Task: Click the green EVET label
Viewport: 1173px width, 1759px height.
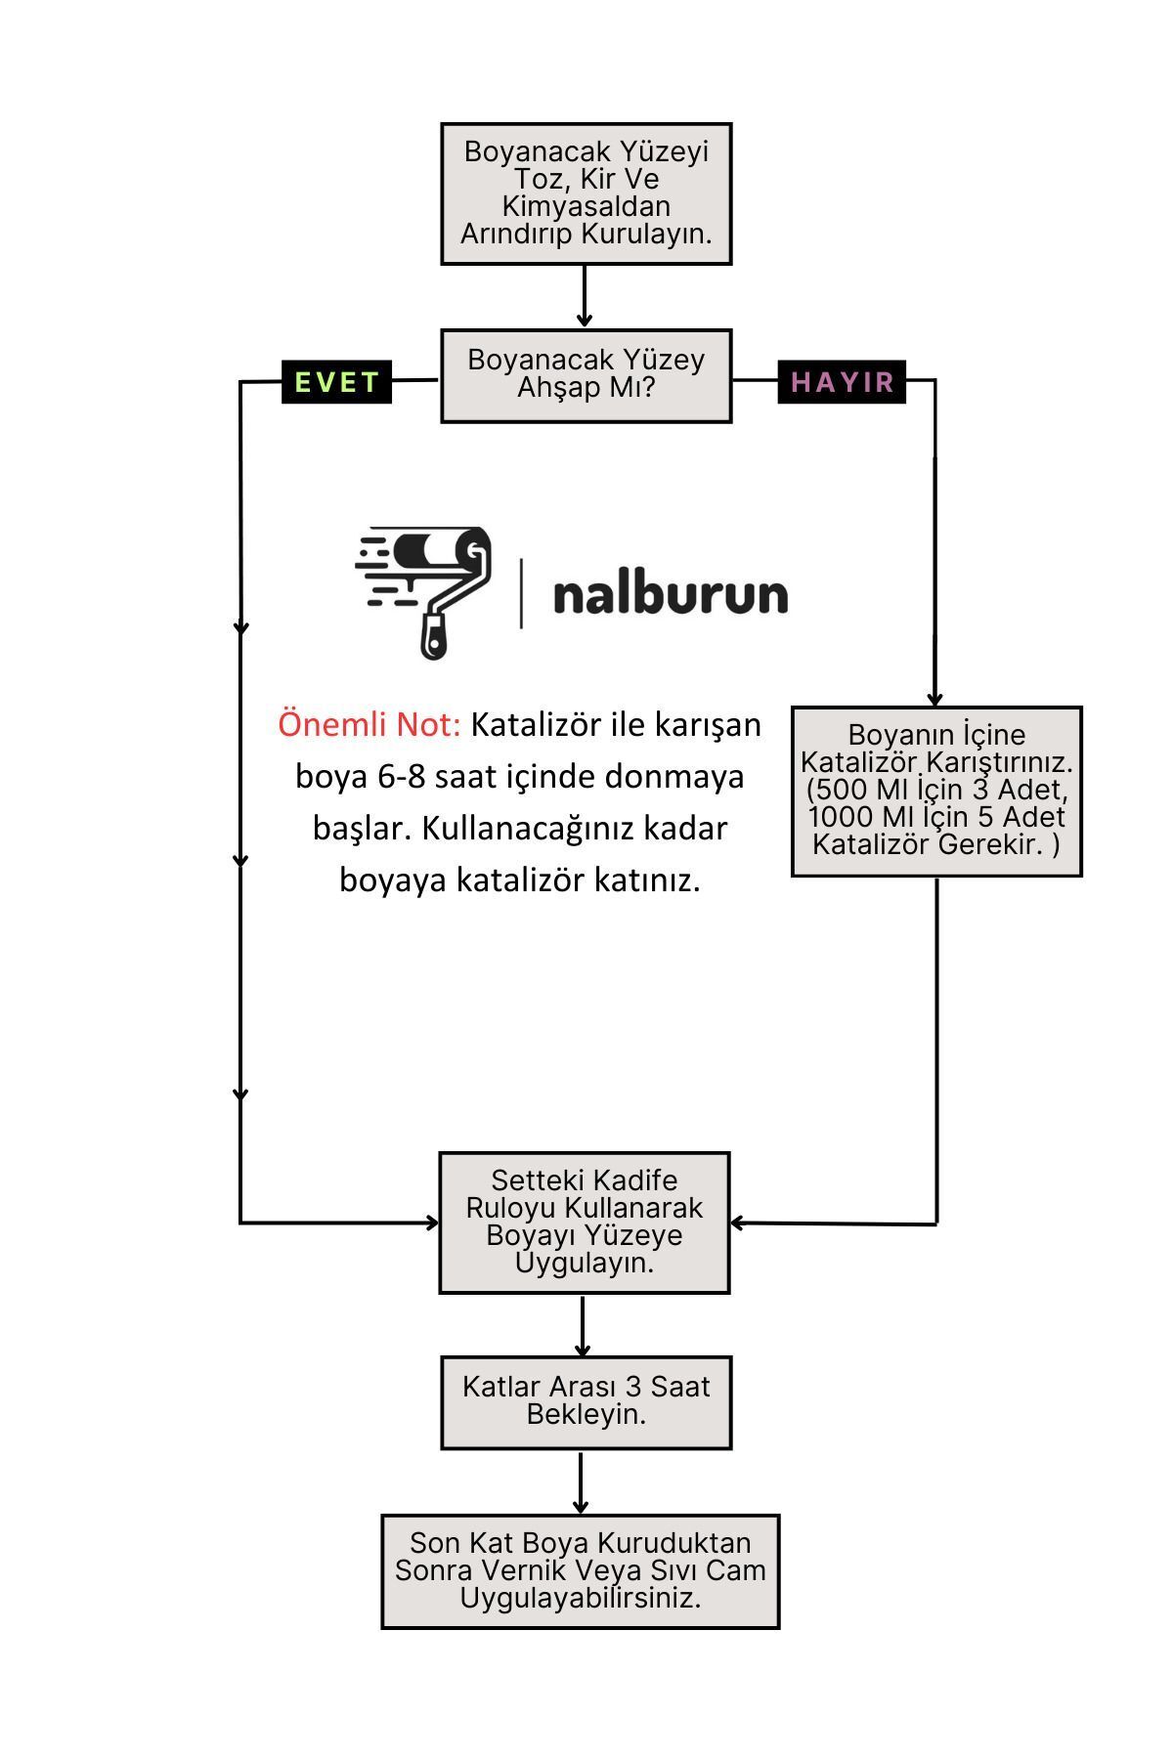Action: pos(336,381)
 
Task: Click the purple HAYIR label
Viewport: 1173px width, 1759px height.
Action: pos(842,381)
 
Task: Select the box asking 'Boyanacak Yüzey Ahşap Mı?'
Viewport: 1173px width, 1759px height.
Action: pos(586,375)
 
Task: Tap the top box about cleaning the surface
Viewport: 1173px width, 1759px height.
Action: pos(586,193)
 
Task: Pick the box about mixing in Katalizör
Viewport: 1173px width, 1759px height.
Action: pos(936,791)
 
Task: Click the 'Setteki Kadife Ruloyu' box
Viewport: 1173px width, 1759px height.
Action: pos(585,1223)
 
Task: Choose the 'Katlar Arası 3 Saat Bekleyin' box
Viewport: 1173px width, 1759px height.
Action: pos(586,1402)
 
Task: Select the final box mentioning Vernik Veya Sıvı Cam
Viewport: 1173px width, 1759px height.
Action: pos(581,1571)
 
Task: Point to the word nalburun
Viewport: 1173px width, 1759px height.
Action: pos(671,593)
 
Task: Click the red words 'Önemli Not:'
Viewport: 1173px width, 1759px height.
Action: pos(369,724)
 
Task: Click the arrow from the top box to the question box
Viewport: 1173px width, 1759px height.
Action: pos(585,296)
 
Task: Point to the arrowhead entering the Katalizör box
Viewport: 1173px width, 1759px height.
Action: pos(934,698)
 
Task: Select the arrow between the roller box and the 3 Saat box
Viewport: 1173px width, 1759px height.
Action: pos(583,1325)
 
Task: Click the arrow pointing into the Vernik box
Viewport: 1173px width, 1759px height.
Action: pos(581,1482)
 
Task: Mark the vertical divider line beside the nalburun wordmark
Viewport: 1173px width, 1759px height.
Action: pos(521,593)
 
